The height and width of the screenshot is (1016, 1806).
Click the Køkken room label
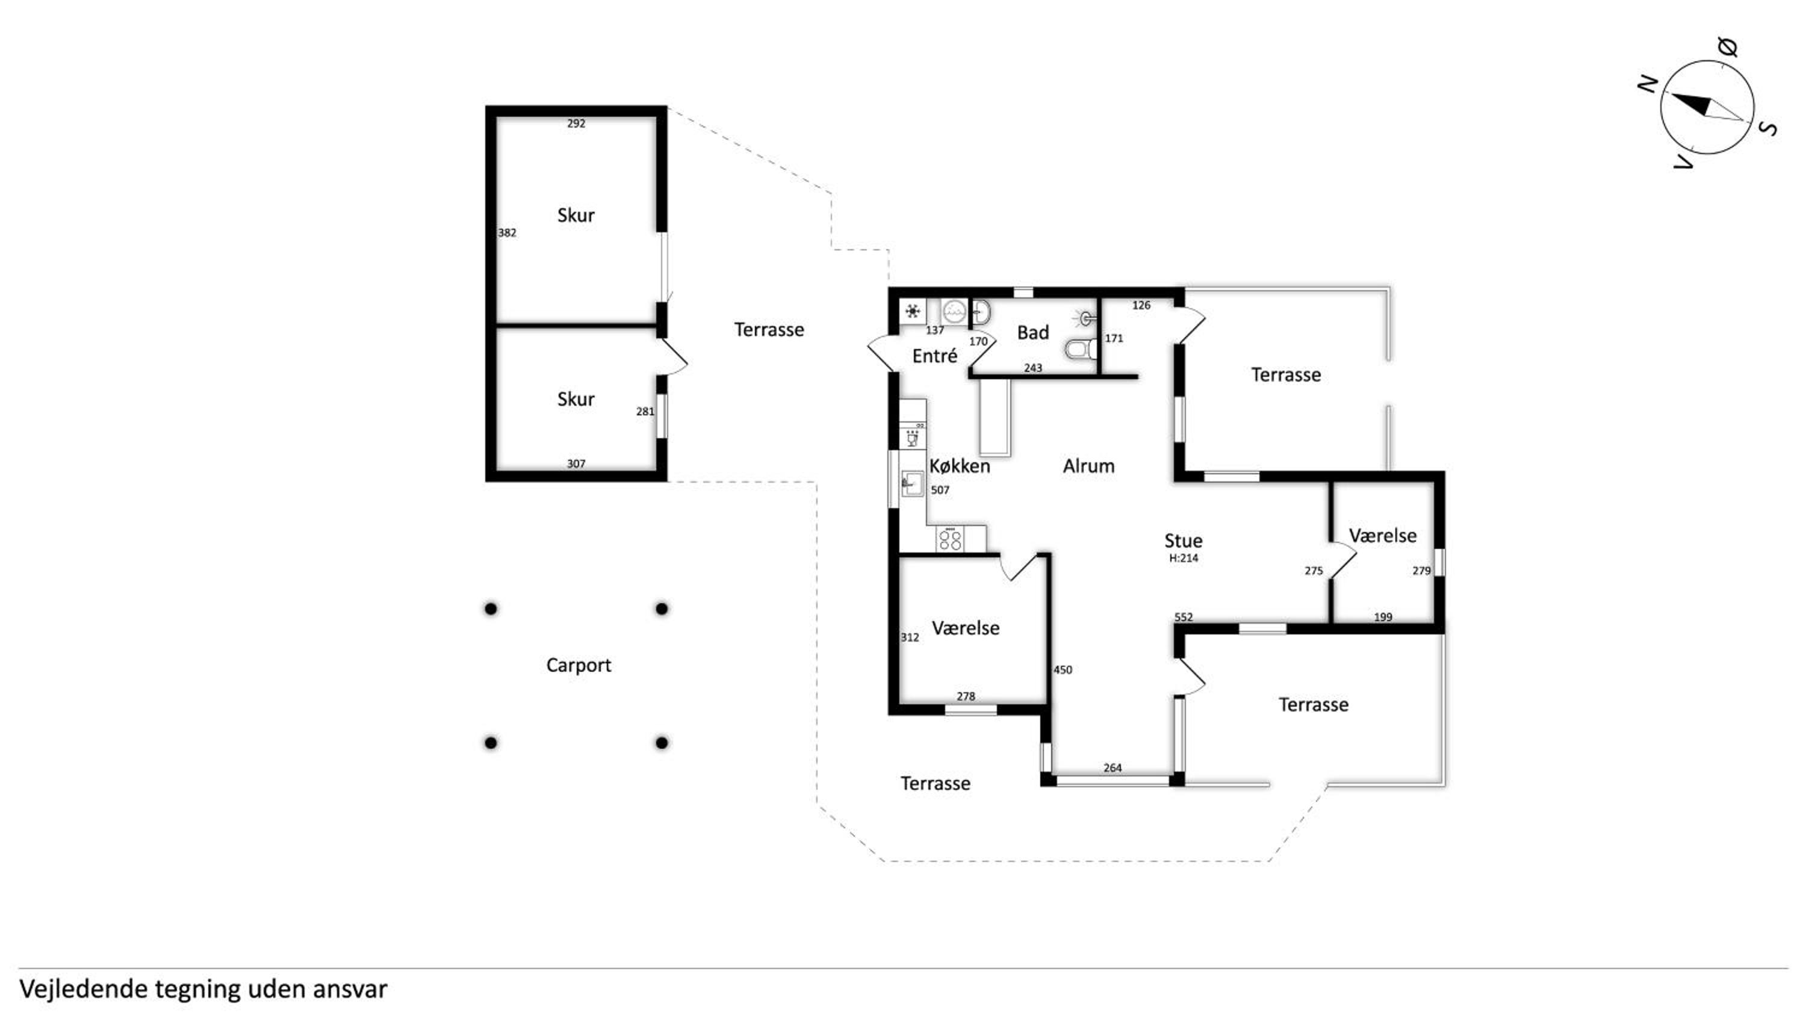959,466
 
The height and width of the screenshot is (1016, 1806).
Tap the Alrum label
1088,466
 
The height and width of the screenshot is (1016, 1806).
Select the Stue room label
1184,541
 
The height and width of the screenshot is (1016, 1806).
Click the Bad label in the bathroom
1032,332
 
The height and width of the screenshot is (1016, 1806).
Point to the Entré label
934,356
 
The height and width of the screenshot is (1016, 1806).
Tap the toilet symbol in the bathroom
1081,348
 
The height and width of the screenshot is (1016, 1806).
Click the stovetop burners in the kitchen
950,539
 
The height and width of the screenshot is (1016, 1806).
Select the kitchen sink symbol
911,483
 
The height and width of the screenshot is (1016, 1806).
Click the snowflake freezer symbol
912,311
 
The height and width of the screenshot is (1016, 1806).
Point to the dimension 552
1184,617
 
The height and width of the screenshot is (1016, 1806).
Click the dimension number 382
507,233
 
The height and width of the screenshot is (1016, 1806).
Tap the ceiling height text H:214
1184,558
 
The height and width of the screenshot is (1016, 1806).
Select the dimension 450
1063,670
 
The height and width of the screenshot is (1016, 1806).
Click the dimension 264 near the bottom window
1112,768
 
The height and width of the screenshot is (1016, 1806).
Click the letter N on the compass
1647,85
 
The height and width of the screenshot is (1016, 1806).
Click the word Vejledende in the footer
84,990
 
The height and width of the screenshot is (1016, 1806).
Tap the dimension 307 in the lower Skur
576,463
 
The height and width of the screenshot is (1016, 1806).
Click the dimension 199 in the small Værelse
1383,617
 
